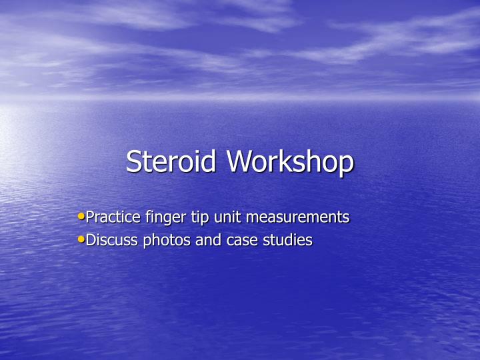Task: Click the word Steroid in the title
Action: click(173, 162)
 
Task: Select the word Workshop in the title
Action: click(290, 162)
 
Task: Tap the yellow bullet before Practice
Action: click(81, 216)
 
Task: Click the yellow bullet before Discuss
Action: click(81, 239)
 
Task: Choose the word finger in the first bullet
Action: click(164, 217)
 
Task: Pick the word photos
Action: click(167, 240)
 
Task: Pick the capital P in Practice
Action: click(91, 217)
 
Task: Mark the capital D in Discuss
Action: click(92, 240)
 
